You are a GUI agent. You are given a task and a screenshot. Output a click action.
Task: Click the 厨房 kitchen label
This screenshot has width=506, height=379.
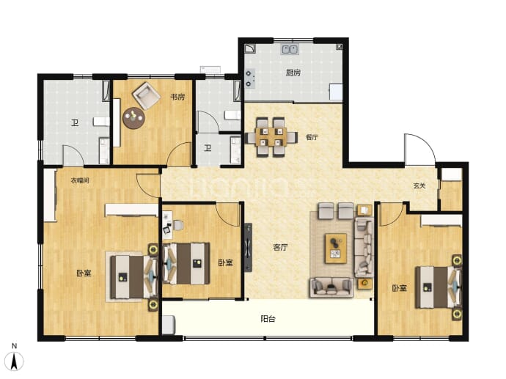[293, 73]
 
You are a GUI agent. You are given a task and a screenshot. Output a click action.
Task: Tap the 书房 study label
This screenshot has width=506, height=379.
[177, 97]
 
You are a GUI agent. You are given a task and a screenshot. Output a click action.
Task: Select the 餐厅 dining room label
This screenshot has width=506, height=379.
[312, 137]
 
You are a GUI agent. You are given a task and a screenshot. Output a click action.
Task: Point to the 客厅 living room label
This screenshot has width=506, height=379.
[280, 247]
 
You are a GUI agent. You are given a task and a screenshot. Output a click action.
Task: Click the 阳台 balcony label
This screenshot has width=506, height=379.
[268, 319]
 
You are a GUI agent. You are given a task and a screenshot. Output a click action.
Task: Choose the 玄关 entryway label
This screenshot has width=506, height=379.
[419, 185]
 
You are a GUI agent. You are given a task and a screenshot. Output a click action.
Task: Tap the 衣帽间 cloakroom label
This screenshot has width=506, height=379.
[80, 180]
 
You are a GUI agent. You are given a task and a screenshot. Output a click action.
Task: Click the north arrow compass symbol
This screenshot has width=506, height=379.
[15, 361]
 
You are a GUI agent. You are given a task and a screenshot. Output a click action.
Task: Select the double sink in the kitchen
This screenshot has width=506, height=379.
[290, 49]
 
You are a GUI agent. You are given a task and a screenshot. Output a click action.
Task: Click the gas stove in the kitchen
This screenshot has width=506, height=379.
[250, 78]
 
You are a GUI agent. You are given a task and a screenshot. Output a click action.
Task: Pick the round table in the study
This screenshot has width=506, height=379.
[133, 118]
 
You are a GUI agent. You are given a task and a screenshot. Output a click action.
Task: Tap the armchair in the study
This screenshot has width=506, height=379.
[146, 96]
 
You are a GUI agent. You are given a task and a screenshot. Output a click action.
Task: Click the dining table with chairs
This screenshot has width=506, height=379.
[271, 137]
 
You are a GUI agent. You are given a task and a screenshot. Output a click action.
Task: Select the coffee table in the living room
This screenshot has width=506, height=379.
[336, 249]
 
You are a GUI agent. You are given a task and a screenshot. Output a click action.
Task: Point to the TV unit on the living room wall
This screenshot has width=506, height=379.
[248, 248]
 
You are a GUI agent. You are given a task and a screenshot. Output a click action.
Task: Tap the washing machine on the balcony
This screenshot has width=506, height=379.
[168, 325]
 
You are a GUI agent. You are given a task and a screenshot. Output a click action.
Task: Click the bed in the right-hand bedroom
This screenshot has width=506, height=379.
[439, 287]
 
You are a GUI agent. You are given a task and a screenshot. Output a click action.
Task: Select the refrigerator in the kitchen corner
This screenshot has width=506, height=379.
[336, 92]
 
